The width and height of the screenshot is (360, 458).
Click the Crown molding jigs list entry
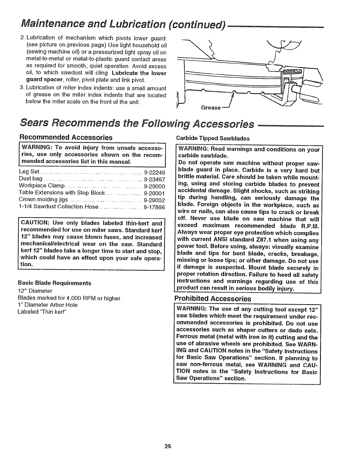[x=43, y=200]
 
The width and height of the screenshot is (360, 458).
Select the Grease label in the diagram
[x=211, y=108]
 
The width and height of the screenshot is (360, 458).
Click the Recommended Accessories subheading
[x=65, y=137]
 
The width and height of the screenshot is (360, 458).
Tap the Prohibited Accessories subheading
[x=212, y=298]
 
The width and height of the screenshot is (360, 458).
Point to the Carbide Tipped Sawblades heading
[x=213, y=138]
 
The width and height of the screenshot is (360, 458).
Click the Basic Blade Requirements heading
[x=54, y=283]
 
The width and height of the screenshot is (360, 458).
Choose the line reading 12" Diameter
[x=35, y=291]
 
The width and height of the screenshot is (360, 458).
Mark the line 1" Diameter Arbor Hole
[x=48, y=305]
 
